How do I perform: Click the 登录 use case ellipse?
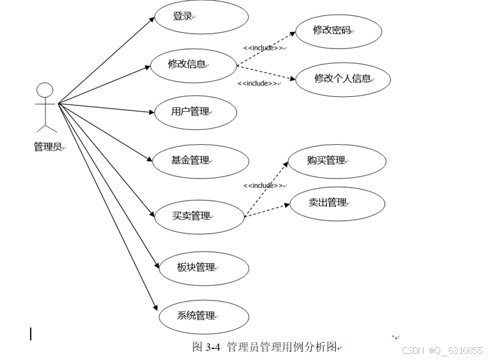click(x=202, y=17)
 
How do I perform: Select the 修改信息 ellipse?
click(x=193, y=64)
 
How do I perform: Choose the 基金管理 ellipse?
click(x=201, y=161)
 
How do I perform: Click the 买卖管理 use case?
click(x=199, y=216)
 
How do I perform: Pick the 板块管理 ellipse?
click(x=203, y=267)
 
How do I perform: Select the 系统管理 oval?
click(x=203, y=316)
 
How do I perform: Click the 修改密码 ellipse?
click(x=338, y=30)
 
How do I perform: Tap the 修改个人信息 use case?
click(x=343, y=79)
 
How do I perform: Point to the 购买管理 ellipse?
click(x=336, y=161)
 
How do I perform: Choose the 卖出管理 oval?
click(x=337, y=203)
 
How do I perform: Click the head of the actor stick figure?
click(x=45, y=91)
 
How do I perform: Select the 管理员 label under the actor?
click(x=48, y=147)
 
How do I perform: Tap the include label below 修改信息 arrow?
click(x=258, y=83)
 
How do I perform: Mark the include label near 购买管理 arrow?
click(x=263, y=185)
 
